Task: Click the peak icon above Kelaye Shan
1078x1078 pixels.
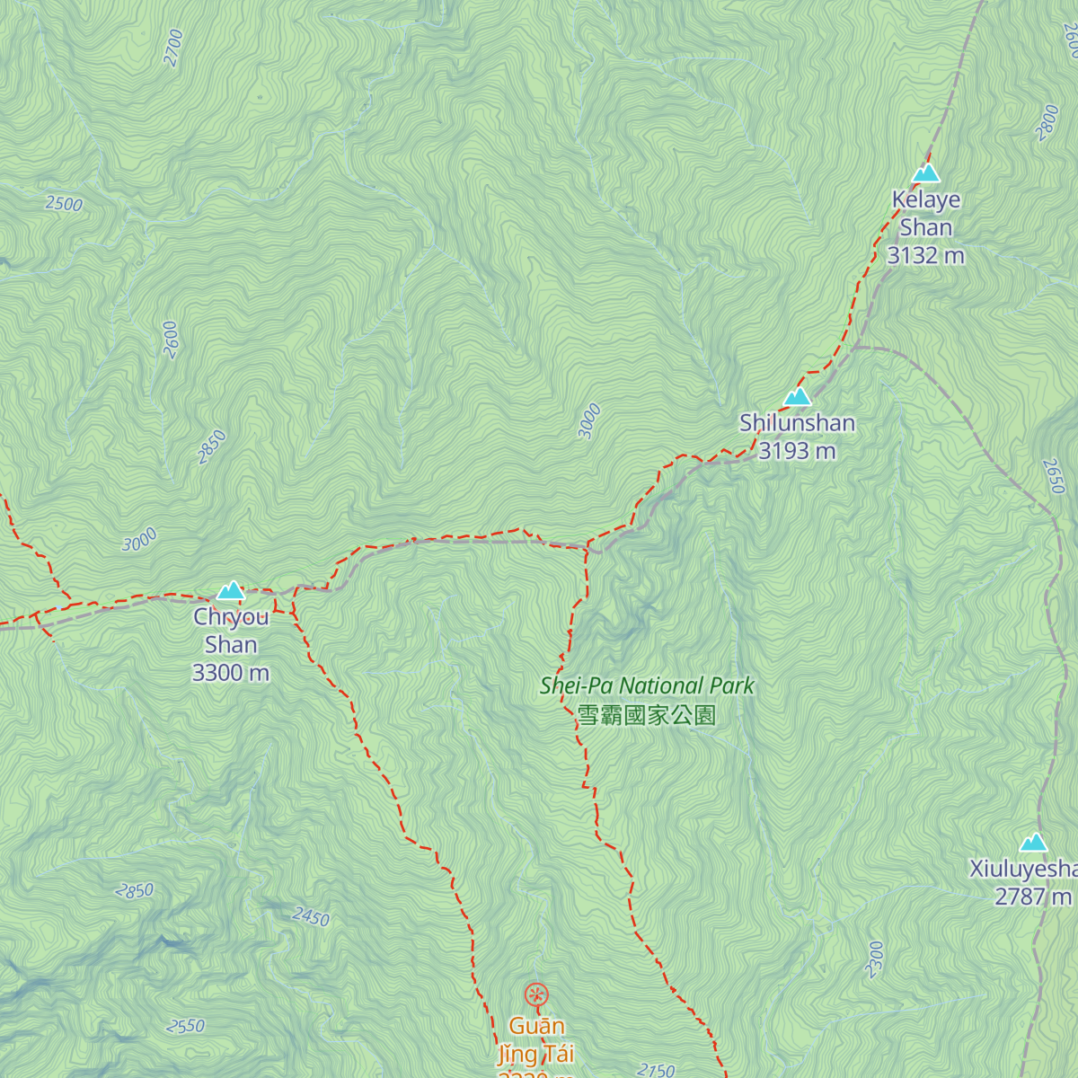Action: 925,172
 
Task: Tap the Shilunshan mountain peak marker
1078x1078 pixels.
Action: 797,396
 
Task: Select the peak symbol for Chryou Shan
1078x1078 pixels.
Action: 231,590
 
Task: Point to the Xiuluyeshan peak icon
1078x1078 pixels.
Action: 1033,842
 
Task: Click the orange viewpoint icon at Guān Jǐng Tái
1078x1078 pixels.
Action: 536,994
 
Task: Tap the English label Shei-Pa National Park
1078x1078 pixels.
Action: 647,686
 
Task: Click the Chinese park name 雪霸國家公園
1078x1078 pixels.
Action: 647,715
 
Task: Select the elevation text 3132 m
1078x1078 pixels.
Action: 925,256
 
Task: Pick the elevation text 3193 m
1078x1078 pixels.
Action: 797,451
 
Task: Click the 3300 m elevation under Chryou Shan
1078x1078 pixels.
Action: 231,673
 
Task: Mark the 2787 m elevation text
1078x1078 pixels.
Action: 1033,897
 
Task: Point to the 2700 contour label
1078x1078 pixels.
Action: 173,48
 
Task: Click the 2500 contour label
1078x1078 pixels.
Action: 64,204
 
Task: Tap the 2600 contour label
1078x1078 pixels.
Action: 171,340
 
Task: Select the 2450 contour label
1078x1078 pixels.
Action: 311,917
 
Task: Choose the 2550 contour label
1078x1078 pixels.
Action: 186,1026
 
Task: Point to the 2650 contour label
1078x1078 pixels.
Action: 1054,476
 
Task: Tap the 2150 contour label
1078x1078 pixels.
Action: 656,1069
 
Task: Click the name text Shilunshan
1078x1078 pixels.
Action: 797,423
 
